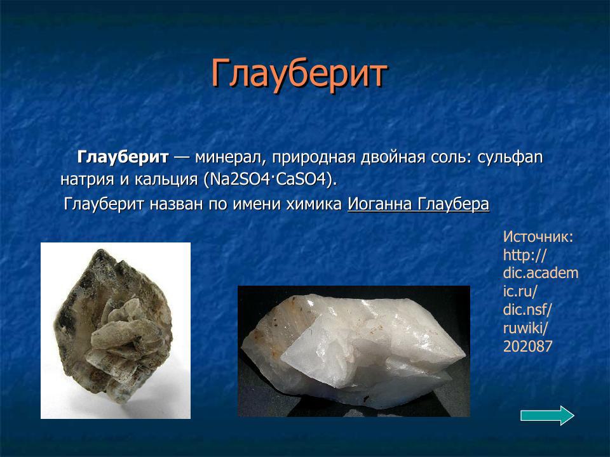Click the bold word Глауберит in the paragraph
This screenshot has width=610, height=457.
[x=123, y=157]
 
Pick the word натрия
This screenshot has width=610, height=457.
[x=86, y=179]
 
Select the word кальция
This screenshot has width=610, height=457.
[x=165, y=179]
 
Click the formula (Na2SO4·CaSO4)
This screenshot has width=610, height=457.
[x=270, y=179]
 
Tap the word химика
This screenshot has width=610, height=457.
[x=316, y=204]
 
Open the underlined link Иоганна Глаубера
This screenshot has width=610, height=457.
[x=418, y=204]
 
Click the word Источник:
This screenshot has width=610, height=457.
[x=538, y=237]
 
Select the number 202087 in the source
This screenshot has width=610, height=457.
[x=527, y=347]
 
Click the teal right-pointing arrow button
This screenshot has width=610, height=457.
[x=547, y=416]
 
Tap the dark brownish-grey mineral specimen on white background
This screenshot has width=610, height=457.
[x=115, y=330]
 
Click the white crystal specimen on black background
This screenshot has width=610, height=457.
[x=353, y=351]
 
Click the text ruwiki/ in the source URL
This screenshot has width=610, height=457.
[x=525, y=328]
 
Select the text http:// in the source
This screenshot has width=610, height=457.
[x=525, y=255]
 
